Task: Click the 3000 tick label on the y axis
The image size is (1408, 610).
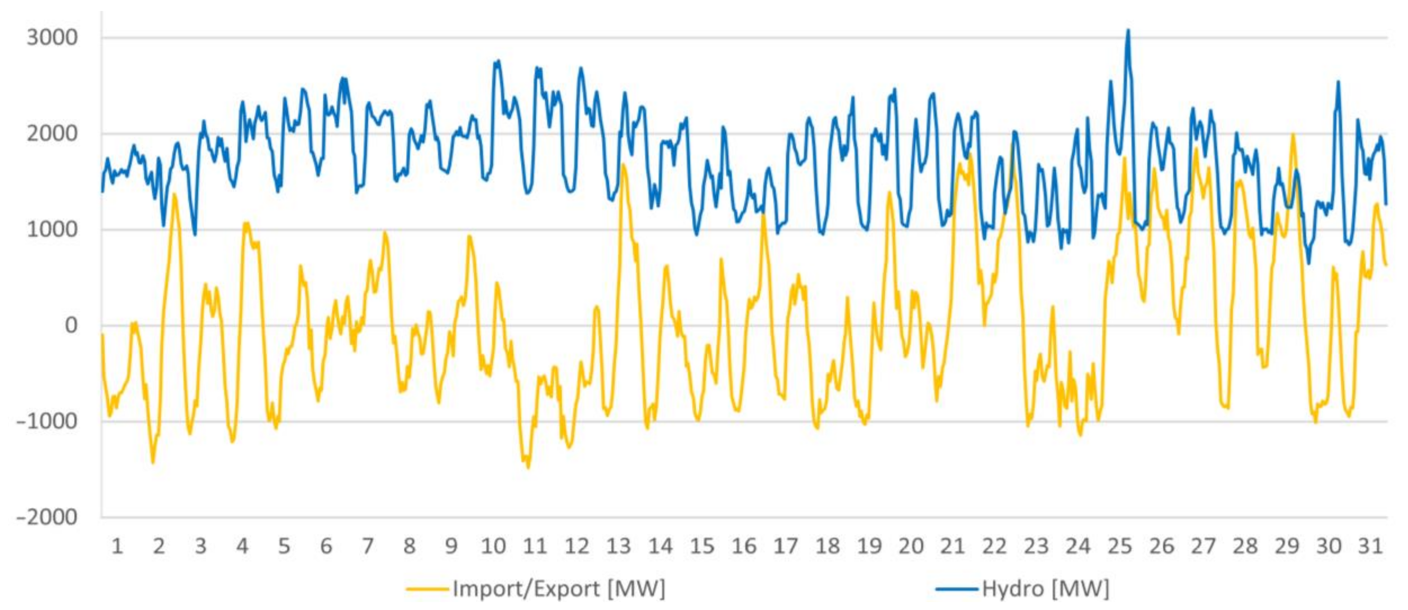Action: coord(53,38)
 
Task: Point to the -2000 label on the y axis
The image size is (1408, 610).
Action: coord(47,517)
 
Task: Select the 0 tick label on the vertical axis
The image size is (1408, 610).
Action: coord(71,326)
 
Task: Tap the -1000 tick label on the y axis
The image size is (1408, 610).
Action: coord(47,421)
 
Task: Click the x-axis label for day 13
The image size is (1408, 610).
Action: coord(618,547)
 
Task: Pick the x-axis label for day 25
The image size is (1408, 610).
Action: coord(1119,547)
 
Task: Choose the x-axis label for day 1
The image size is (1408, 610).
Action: coord(117,547)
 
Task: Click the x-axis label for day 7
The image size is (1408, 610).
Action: coord(367,547)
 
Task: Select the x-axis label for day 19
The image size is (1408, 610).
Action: coord(869,547)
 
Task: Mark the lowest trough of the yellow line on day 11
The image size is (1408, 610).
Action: coord(528,468)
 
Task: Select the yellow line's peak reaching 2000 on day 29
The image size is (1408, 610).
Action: coord(1293,134)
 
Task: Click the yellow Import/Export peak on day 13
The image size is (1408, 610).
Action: coord(623,165)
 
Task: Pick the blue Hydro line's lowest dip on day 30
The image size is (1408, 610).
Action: coord(1309,264)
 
